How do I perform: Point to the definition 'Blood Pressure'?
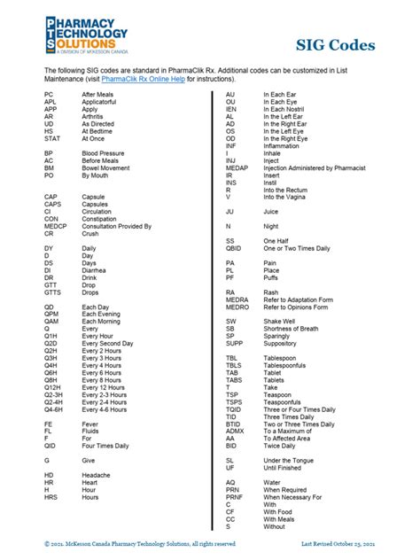tap(105, 153)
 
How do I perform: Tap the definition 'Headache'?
tap(98, 475)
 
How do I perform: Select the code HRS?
tap(51, 497)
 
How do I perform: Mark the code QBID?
tap(233, 248)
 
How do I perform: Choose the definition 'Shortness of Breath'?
tap(297, 328)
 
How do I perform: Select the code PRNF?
tap(234, 497)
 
